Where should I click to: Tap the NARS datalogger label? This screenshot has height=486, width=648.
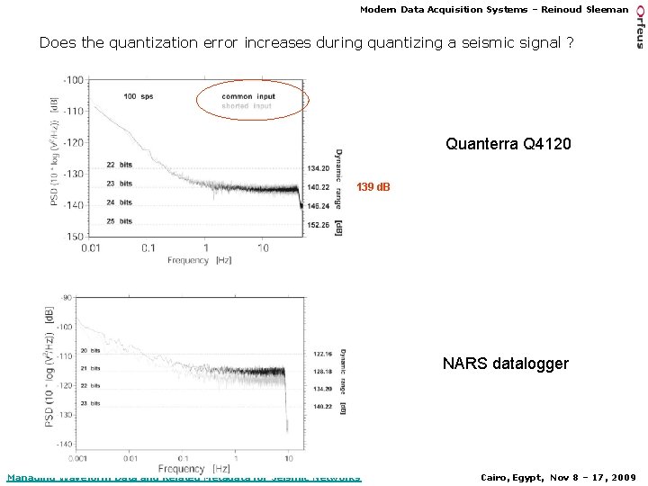click(x=505, y=364)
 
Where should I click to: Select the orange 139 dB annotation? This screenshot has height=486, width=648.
click(x=373, y=187)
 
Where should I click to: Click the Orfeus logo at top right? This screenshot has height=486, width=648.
click(x=640, y=24)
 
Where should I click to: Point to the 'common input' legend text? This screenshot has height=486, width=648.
click(x=248, y=96)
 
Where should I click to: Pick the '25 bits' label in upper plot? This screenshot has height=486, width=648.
click(x=119, y=220)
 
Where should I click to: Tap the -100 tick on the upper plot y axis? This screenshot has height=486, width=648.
click(x=73, y=80)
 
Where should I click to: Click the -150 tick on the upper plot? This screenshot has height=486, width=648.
click(x=73, y=236)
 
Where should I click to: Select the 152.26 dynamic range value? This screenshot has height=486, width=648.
click(x=318, y=225)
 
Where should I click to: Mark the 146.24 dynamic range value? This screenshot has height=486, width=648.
click(x=318, y=205)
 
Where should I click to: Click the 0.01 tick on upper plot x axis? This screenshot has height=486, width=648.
click(x=91, y=247)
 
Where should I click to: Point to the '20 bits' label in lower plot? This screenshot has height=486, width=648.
click(x=90, y=350)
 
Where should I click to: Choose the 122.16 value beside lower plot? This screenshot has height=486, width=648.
click(x=323, y=354)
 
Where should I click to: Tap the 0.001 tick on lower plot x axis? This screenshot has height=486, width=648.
click(x=76, y=457)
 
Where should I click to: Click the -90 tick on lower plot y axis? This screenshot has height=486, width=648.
click(x=65, y=297)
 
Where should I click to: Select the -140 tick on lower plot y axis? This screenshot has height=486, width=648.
click(x=63, y=445)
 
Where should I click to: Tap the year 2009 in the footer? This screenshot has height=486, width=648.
click(x=622, y=477)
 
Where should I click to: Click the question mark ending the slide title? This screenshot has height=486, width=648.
click(x=569, y=43)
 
